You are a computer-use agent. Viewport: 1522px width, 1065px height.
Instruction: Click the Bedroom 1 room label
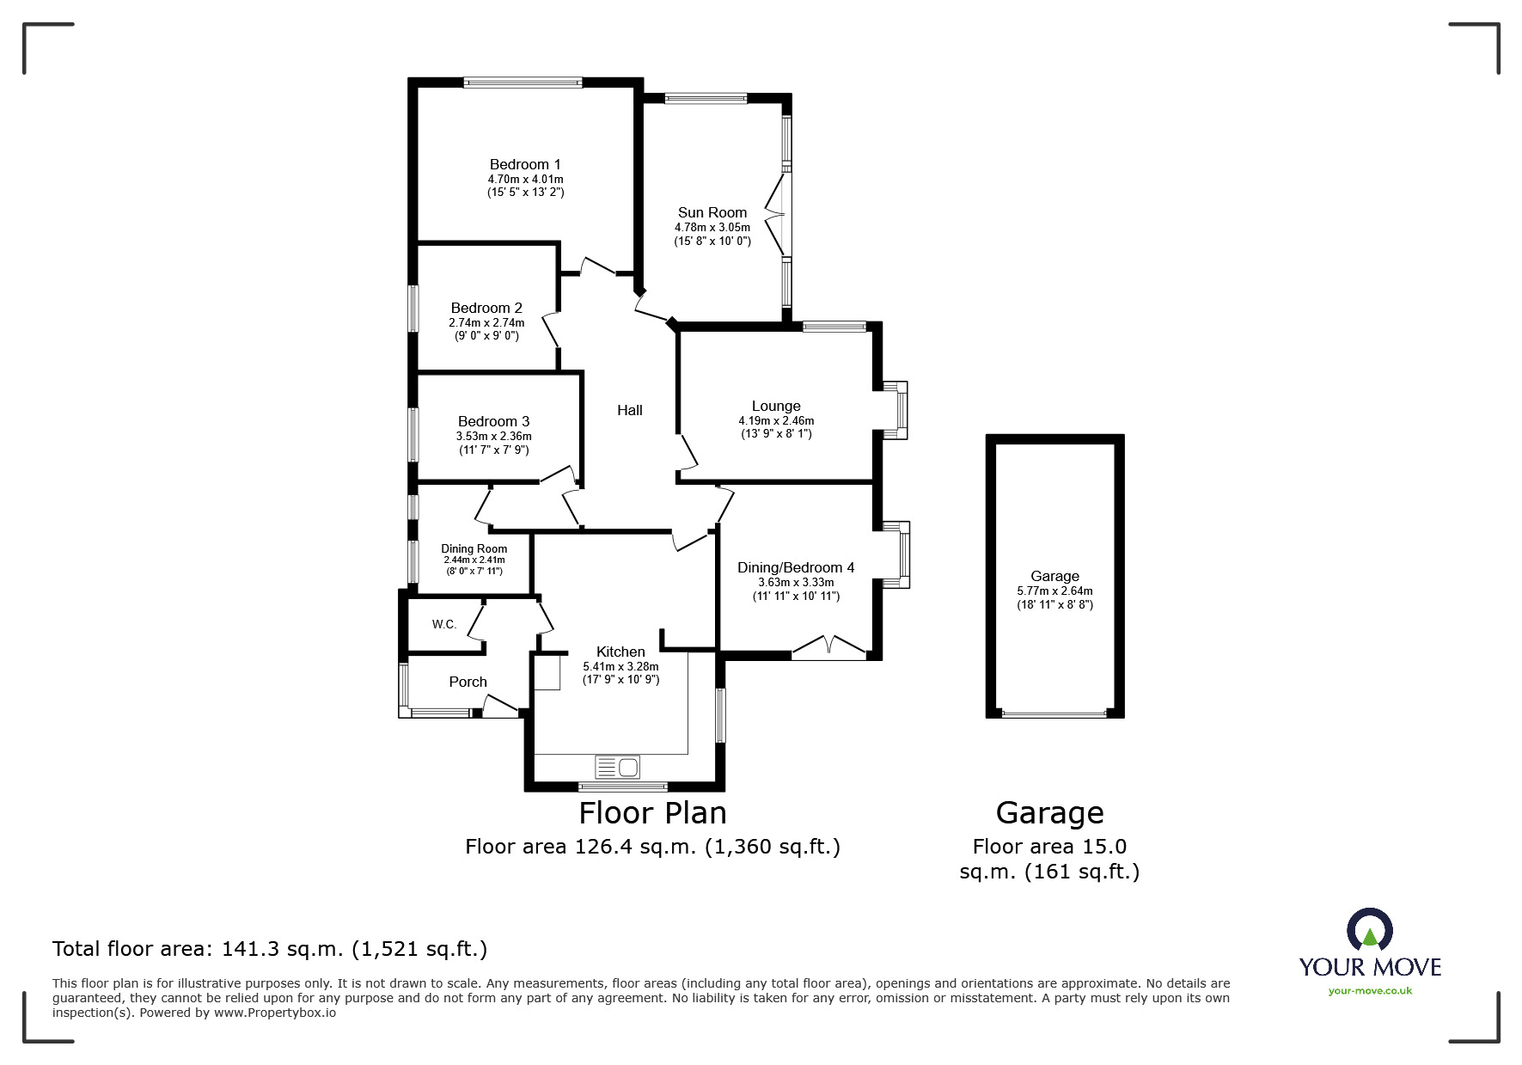click(x=525, y=164)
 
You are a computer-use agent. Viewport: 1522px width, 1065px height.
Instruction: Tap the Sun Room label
click(x=712, y=212)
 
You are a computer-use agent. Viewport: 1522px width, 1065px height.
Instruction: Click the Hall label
click(x=630, y=410)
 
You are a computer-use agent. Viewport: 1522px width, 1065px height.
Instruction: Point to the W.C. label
click(x=444, y=624)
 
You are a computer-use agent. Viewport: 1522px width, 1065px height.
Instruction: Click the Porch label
click(x=468, y=682)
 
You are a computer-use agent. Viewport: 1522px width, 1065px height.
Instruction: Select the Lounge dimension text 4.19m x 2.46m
click(x=776, y=420)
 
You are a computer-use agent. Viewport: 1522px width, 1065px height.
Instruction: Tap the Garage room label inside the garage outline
click(x=1054, y=576)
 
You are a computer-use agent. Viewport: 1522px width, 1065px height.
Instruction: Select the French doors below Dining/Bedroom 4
click(x=828, y=648)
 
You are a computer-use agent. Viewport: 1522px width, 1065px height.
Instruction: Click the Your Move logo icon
click(x=1369, y=931)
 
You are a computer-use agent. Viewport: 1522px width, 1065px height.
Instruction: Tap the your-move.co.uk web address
click(x=1370, y=991)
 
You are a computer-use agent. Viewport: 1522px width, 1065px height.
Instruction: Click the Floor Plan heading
click(x=652, y=812)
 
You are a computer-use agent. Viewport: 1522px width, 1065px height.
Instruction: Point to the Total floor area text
click(x=270, y=949)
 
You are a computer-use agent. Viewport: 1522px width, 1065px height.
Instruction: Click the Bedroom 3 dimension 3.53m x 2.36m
click(x=493, y=436)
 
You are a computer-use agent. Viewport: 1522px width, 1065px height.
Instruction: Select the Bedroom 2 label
click(x=486, y=308)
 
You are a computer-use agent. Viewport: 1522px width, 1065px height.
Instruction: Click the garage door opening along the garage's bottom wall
click(x=1054, y=713)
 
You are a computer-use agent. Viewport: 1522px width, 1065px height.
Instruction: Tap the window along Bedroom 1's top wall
click(x=523, y=83)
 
